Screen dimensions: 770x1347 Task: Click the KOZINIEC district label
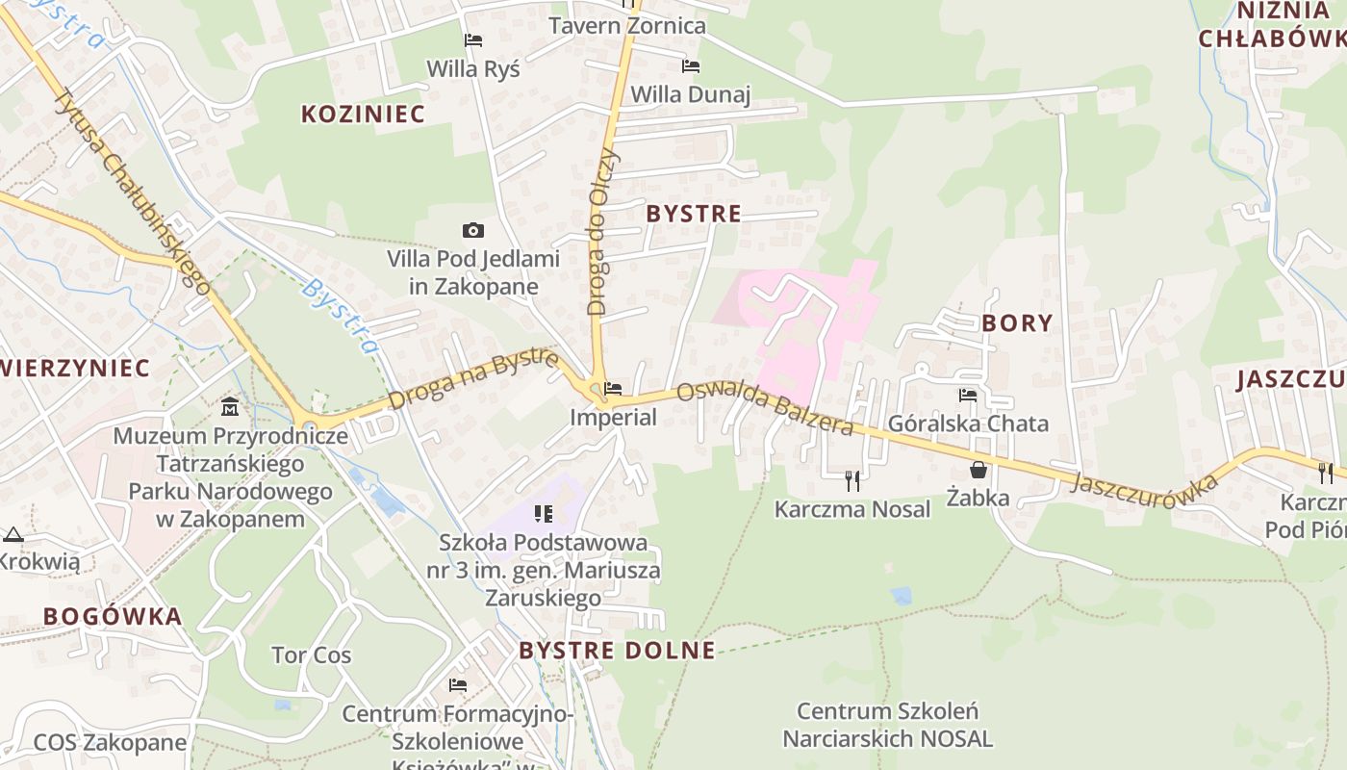click(x=363, y=114)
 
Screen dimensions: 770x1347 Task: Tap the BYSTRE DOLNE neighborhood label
click(x=617, y=651)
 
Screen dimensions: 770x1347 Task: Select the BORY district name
click(x=1017, y=322)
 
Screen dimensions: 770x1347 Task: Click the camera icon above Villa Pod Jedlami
click(x=472, y=230)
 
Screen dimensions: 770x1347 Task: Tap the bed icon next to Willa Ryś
click(x=472, y=40)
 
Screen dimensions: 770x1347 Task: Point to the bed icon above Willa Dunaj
click(x=690, y=66)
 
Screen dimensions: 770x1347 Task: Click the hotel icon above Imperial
click(x=613, y=390)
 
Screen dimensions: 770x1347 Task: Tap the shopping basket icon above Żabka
click(x=978, y=470)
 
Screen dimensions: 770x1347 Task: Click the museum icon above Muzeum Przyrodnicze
click(x=230, y=407)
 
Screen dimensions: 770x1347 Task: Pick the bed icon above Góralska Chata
click(x=967, y=396)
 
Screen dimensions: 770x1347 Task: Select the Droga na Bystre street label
click(x=473, y=379)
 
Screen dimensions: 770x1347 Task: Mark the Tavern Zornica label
click(x=627, y=26)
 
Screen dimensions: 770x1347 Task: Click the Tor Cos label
click(x=311, y=655)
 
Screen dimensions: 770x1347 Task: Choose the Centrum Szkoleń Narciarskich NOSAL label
click(x=887, y=725)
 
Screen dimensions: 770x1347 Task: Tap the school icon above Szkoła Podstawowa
click(x=544, y=514)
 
